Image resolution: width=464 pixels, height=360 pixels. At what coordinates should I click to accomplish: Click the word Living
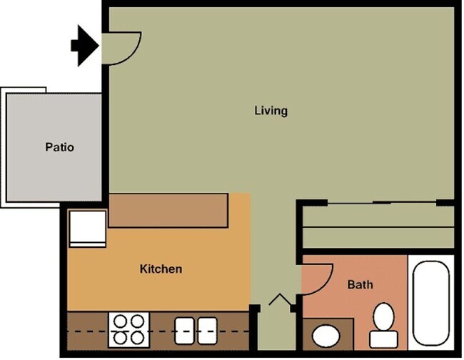coord(271,111)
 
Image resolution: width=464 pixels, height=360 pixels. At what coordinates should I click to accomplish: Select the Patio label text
coord(59,148)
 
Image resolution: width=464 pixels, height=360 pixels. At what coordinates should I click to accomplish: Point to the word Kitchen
coord(161,269)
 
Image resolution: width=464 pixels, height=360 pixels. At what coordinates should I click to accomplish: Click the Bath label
coord(360,285)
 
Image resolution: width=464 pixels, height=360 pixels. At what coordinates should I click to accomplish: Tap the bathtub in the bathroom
coord(431,300)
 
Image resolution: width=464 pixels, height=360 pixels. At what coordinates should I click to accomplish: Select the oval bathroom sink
coord(327,336)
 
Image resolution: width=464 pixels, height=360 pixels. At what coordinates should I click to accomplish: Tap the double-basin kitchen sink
coord(196,329)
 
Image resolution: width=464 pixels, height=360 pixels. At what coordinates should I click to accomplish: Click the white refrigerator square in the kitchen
coord(86,229)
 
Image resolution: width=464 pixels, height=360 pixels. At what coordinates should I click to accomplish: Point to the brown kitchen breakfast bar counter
coord(168,211)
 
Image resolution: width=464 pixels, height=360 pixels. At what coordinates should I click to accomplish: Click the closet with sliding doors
coord(377,226)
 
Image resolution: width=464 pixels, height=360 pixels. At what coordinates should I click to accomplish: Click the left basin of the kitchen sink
coord(185,329)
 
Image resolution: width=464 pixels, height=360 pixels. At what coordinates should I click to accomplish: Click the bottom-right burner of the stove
coord(137,338)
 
